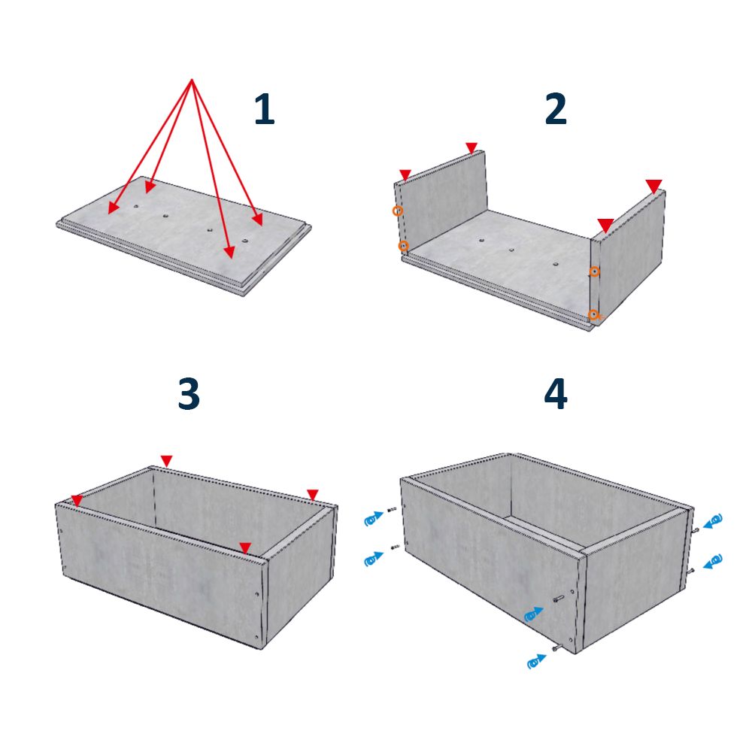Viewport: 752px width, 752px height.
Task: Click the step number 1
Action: click(264, 109)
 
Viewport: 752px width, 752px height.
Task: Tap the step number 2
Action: click(556, 109)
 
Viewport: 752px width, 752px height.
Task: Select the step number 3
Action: click(189, 394)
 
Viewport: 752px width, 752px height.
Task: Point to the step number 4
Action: click(556, 394)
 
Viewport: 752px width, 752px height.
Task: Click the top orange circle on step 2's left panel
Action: click(398, 211)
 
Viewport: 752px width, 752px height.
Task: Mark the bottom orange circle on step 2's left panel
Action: click(403, 246)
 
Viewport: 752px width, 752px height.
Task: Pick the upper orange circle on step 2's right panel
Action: click(594, 272)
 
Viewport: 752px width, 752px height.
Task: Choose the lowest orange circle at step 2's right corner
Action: click(593, 314)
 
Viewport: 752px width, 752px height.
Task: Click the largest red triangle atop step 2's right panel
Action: click(653, 186)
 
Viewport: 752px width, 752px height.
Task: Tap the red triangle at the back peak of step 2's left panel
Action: click(472, 147)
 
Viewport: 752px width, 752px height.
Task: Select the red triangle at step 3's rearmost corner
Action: click(166, 460)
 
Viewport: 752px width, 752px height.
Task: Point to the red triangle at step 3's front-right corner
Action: click(245, 548)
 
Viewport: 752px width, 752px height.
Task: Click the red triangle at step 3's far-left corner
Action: click(77, 501)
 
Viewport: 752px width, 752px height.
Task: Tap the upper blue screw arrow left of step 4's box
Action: click(374, 518)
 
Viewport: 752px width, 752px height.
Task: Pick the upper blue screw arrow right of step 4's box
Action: click(713, 521)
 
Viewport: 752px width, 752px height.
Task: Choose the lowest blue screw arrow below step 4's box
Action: click(537, 661)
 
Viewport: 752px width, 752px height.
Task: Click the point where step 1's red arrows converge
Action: click(192, 79)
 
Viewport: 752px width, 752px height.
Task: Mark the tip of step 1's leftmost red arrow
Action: click(110, 213)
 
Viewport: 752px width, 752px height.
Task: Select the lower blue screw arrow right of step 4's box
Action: click(713, 561)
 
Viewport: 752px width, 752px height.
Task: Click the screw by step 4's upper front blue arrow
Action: click(559, 599)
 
